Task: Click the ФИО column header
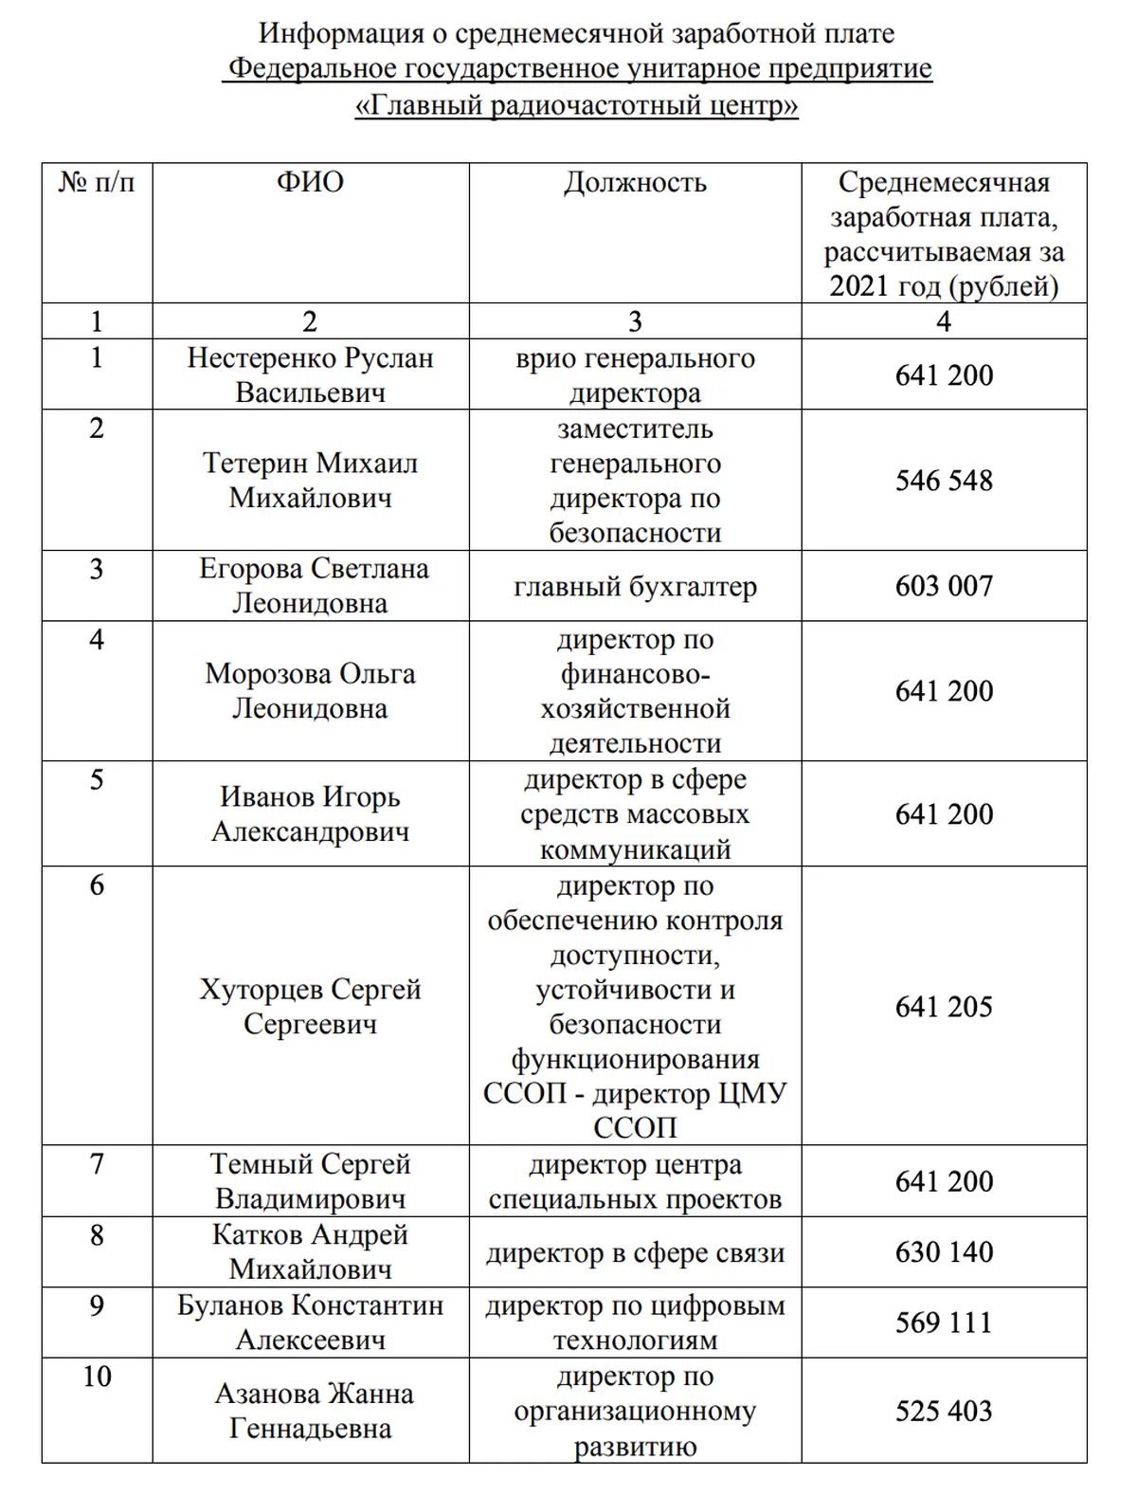pyautogui.click(x=310, y=182)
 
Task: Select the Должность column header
pyautogui.click(x=635, y=182)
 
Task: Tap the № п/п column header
pyautogui.click(x=97, y=182)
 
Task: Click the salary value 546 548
pyautogui.click(x=944, y=481)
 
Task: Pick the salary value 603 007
pyautogui.click(x=944, y=586)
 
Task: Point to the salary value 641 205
pyautogui.click(x=944, y=1006)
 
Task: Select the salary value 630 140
pyautogui.click(x=944, y=1251)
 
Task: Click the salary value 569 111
pyautogui.click(x=944, y=1323)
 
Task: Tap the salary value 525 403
pyautogui.click(x=944, y=1411)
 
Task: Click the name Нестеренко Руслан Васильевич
pyautogui.click(x=310, y=375)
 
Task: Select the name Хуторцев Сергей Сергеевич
pyautogui.click(x=310, y=1006)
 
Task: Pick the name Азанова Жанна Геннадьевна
pyautogui.click(x=310, y=1411)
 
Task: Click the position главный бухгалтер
pyautogui.click(x=635, y=587)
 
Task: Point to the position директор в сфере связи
pyautogui.click(x=635, y=1252)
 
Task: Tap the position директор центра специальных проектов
pyautogui.click(x=635, y=1181)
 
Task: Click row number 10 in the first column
pyautogui.click(x=97, y=1377)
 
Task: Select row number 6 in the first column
pyautogui.click(x=97, y=885)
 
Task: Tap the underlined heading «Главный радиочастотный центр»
pyautogui.click(x=577, y=104)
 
